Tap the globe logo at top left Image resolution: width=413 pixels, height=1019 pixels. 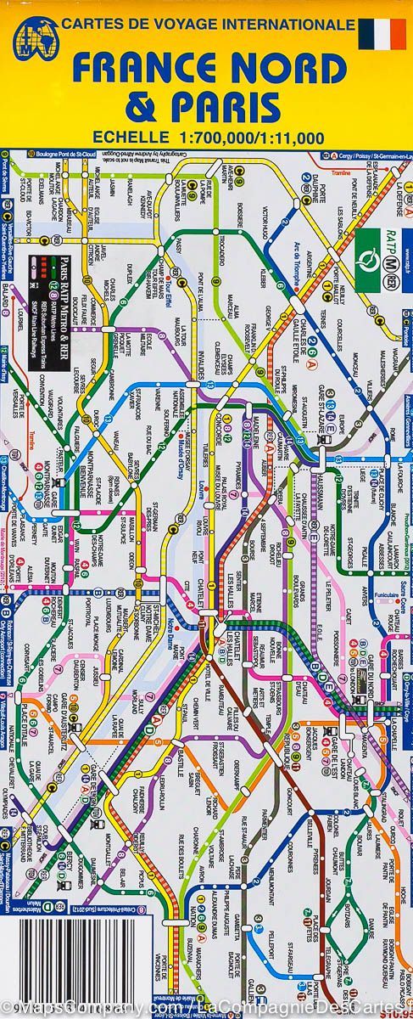(x=36, y=38)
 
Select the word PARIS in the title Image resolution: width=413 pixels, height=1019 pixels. (x=225, y=108)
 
